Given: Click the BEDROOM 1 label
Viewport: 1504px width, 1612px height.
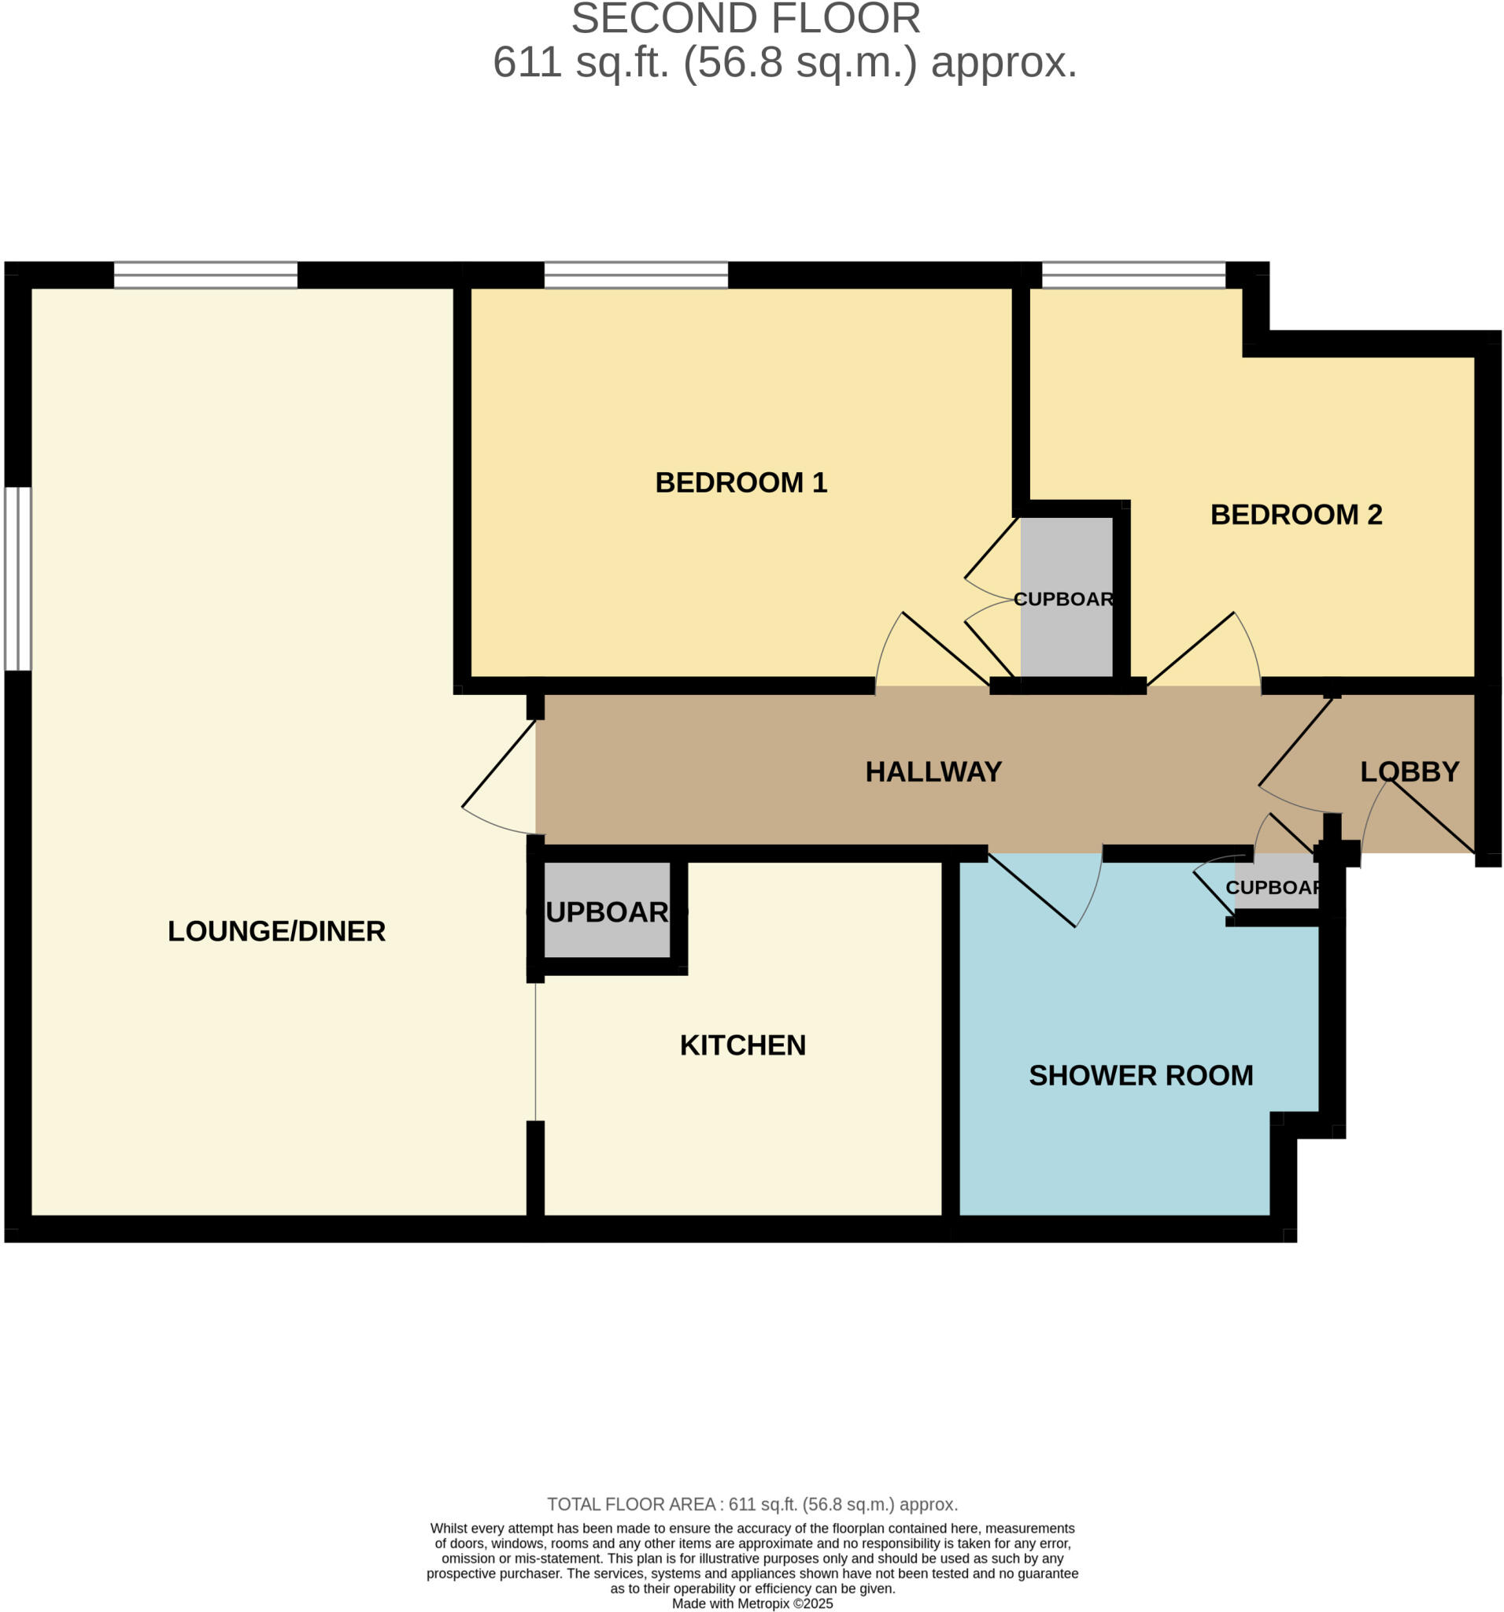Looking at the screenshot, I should (741, 482).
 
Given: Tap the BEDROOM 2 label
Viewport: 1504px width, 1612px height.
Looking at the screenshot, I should (1295, 514).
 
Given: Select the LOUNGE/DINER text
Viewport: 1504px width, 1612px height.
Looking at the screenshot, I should (276, 931).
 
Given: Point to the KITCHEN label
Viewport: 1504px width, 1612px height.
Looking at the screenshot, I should (742, 1045).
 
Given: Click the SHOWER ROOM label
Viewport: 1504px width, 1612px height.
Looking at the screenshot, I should (1140, 1075).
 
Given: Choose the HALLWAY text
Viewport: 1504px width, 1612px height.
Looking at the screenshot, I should (933, 771).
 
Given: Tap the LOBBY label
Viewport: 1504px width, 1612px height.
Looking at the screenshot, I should (1409, 771).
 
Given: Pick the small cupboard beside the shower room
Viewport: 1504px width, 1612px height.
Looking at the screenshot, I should (1275, 886).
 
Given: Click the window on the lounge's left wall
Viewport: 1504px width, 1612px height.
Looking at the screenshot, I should (18, 579).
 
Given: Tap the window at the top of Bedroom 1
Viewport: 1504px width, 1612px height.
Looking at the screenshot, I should (636, 275).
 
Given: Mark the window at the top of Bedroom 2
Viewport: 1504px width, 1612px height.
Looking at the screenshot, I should (1133, 275).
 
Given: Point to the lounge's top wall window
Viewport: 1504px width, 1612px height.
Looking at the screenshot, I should (205, 275).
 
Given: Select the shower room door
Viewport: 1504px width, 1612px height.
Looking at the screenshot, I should (1046, 889).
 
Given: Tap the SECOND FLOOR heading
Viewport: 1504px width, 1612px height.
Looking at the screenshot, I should (745, 19).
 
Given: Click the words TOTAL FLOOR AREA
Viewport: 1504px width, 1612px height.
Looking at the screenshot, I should (630, 1504).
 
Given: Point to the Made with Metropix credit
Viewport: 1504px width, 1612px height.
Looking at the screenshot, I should (752, 1603).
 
